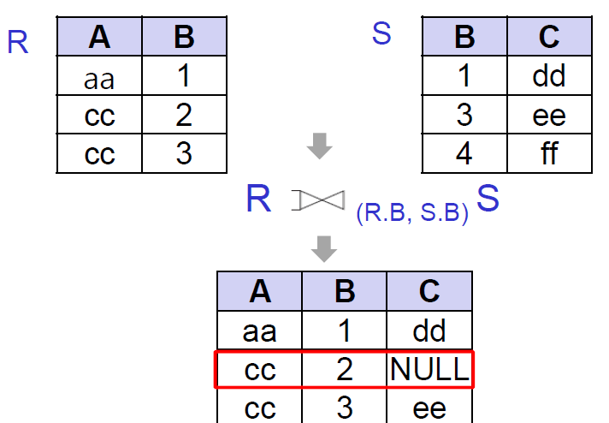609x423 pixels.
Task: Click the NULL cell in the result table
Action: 429,369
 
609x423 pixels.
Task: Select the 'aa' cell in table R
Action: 100,78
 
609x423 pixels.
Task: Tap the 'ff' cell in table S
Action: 549,154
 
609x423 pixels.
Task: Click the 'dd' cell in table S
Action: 549,77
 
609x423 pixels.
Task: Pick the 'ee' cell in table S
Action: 549,116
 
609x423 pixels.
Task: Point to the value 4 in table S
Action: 464,154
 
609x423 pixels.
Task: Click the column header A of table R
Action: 100,38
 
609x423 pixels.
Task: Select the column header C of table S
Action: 549,38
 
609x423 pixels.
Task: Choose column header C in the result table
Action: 429,291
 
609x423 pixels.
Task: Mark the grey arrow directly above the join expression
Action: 320,146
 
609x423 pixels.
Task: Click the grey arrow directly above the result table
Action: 324,248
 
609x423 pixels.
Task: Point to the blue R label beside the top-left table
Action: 18,42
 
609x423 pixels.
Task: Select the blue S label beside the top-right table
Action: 382,34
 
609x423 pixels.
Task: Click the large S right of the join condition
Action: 488,200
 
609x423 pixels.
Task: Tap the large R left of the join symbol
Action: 258,200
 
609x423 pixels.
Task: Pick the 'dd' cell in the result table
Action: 429,331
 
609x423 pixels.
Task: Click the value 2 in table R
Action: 184,116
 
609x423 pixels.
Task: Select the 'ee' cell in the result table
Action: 429,408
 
